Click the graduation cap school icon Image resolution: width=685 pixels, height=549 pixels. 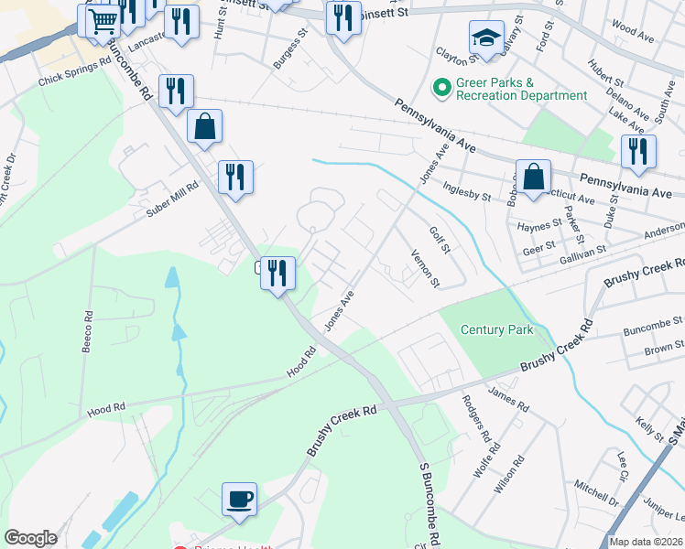tap(484, 38)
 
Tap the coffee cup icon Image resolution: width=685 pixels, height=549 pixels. tap(239, 499)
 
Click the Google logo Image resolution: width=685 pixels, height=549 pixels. tap(30, 538)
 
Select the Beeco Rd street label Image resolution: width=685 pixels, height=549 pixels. tap(89, 326)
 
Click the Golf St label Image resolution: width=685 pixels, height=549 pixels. tap(440, 242)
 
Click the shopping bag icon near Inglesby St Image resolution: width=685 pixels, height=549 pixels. tap(532, 176)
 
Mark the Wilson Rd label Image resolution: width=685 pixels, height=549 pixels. tap(506, 473)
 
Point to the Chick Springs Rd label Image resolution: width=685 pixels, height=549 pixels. tap(74, 73)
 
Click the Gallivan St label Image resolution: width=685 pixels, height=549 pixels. tap(582, 253)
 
